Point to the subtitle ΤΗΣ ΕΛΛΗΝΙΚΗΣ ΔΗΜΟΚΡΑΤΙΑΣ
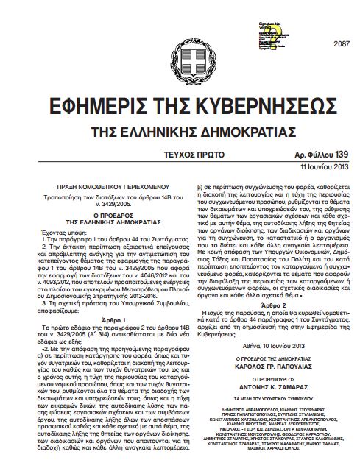pyautogui.click(x=180, y=132)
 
